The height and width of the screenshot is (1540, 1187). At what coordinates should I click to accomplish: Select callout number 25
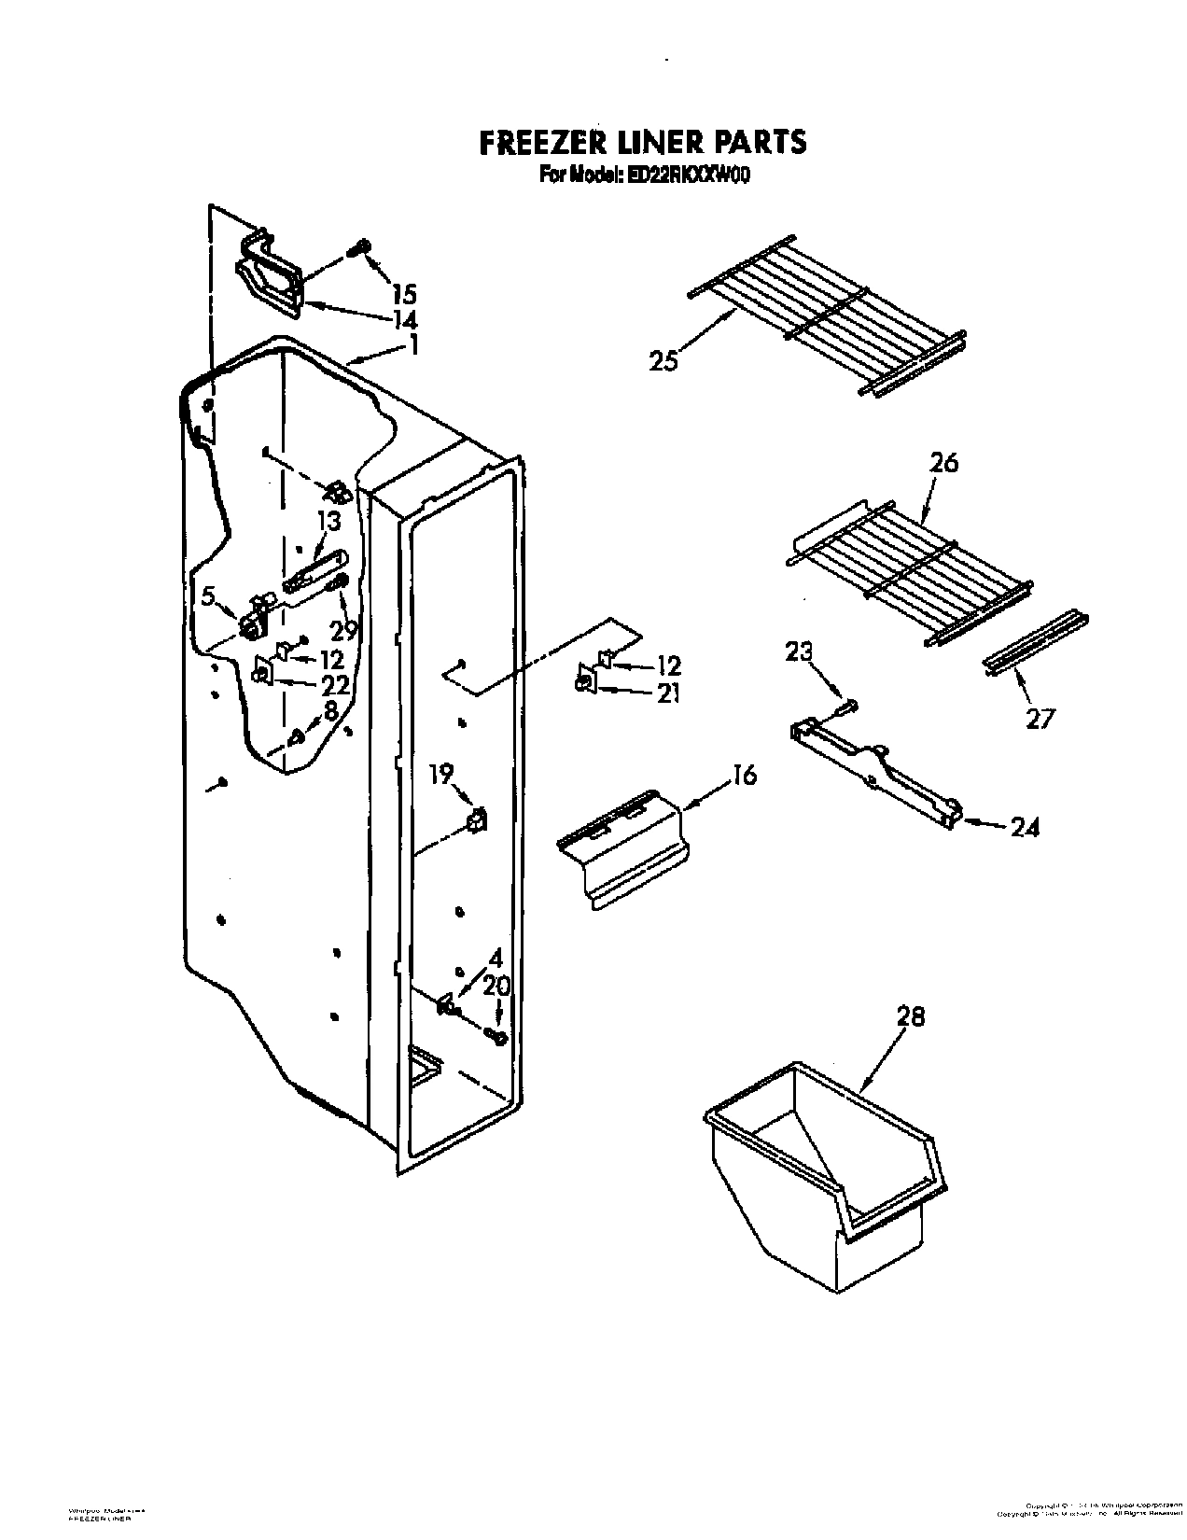pyautogui.click(x=663, y=361)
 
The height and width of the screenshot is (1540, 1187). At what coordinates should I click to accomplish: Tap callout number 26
pyautogui.click(x=943, y=462)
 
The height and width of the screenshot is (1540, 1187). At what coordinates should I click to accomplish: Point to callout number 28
pyautogui.click(x=910, y=1017)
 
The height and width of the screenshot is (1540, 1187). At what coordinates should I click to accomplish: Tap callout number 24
pyautogui.click(x=1025, y=827)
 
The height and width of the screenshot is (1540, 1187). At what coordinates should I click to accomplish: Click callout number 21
pyautogui.click(x=668, y=693)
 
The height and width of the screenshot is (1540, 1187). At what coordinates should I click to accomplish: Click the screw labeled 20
pyautogui.click(x=496, y=1036)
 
